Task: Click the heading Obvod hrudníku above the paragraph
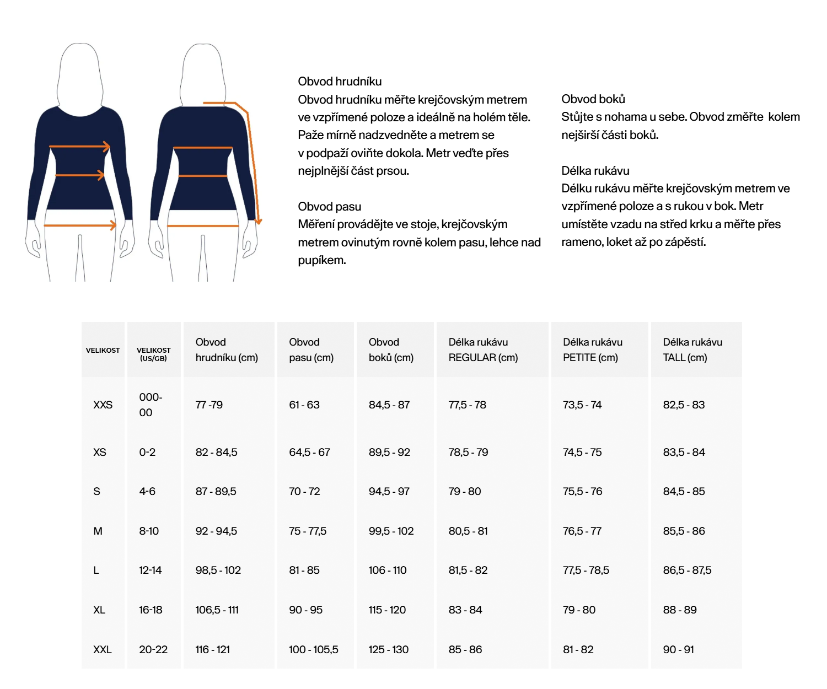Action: coord(340,82)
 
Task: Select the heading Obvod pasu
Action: coord(330,207)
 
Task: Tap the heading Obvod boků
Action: coord(593,99)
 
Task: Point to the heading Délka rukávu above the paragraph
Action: coord(595,171)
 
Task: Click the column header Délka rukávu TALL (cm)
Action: coord(692,349)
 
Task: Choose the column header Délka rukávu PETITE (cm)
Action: coord(593,349)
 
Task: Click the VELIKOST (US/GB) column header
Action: coord(154,354)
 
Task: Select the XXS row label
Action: coord(103,405)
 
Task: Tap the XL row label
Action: coord(99,610)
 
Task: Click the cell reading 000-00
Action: coord(150,405)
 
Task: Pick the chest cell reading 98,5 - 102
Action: coord(218,570)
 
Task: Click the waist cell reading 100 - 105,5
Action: coord(314,649)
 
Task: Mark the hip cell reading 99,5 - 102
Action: coord(391,531)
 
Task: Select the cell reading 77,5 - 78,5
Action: coord(586,570)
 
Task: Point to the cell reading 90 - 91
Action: coord(679,649)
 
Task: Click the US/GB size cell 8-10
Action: coord(149,531)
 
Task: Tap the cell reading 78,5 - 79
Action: coord(469,452)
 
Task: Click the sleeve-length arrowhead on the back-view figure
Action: coord(259,220)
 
